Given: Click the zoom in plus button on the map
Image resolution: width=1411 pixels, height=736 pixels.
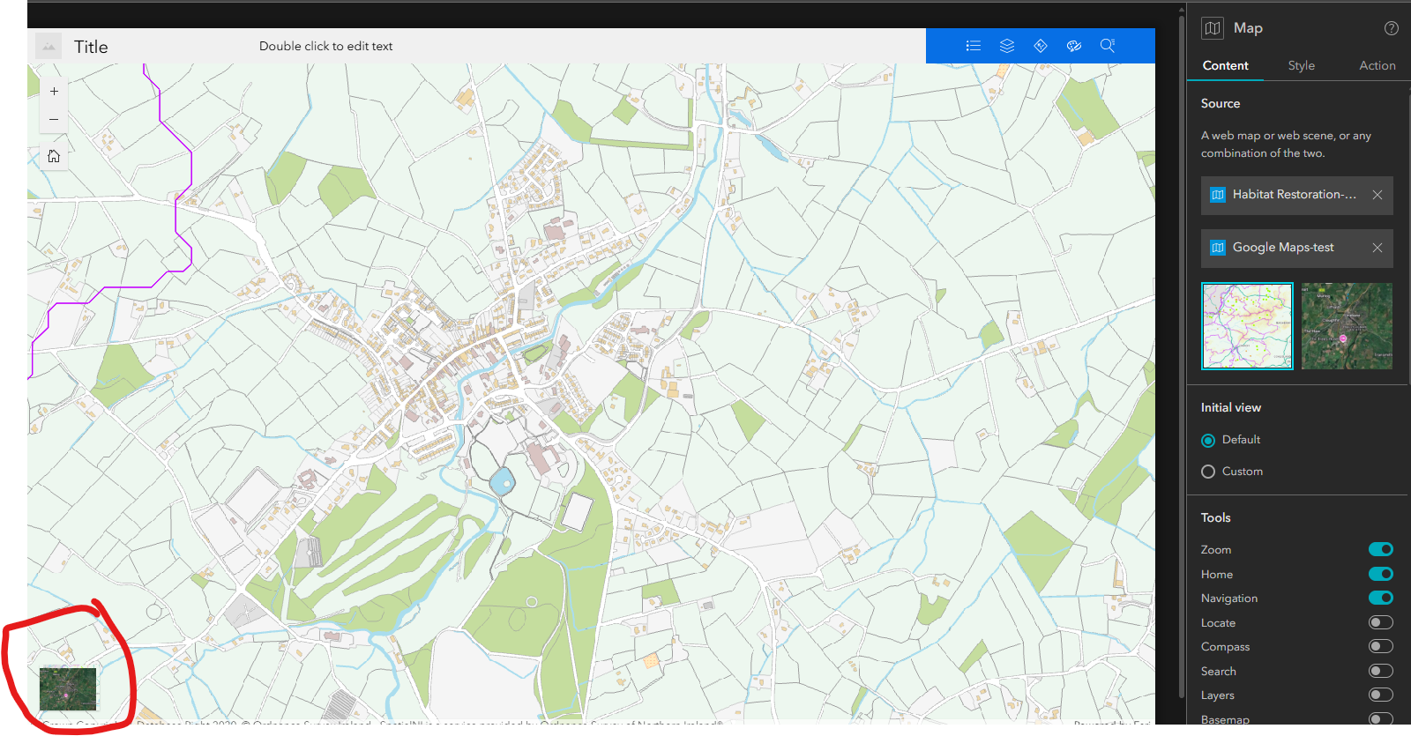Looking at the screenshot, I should click(x=54, y=91).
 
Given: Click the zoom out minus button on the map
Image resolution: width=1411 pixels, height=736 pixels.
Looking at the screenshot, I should click(x=54, y=119).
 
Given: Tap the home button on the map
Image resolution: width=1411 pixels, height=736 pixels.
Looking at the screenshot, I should click(x=54, y=156).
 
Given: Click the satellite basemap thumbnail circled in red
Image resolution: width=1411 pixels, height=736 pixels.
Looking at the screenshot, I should click(x=68, y=689).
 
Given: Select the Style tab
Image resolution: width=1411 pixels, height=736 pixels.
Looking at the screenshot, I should click(x=1301, y=65).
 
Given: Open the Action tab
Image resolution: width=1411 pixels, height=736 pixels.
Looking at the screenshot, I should click(x=1377, y=65).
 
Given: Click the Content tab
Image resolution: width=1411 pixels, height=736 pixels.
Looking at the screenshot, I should click(x=1225, y=65).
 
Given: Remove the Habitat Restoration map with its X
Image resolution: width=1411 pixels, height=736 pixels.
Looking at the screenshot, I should click(x=1377, y=195).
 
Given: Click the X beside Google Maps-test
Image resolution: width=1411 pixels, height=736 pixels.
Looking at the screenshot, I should click(x=1377, y=248).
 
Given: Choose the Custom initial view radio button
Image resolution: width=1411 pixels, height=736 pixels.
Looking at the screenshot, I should click(x=1208, y=472).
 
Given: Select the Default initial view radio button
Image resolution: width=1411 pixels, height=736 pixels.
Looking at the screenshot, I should click(x=1208, y=440).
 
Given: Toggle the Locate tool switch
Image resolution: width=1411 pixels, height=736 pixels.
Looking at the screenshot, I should click(x=1380, y=622).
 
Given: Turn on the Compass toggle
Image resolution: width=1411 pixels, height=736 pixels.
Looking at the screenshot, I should click(x=1380, y=646).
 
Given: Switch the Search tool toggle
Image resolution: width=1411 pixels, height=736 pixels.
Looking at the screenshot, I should click(x=1380, y=671).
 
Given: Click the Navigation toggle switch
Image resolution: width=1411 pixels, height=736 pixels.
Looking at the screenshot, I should click(x=1380, y=598).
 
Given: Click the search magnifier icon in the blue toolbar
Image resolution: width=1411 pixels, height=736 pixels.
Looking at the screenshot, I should click(x=1108, y=46).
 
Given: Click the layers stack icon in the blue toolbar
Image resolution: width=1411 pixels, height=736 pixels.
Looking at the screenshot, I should click(x=1007, y=46).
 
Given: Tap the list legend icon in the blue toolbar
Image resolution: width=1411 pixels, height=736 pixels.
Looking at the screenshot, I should click(x=974, y=46).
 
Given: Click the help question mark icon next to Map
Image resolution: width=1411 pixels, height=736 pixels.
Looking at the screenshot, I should click(x=1391, y=28).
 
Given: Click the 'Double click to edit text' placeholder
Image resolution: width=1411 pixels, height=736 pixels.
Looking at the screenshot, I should click(x=325, y=46).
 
